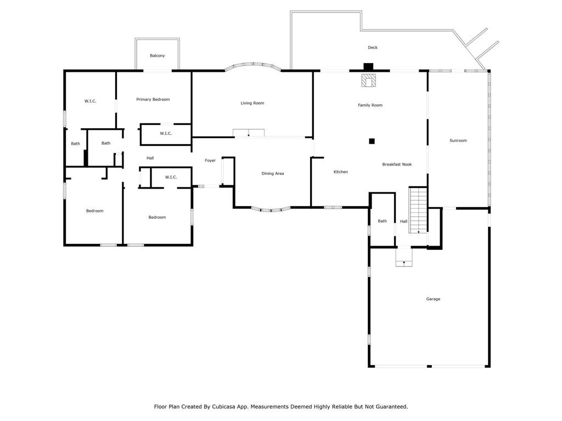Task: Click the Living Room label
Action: (252, 103)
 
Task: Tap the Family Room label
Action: (370, 105)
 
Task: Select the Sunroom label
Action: (458, 141)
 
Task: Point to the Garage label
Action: (433, 299)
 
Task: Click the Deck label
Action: (373, 48)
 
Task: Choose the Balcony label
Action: (157, 56)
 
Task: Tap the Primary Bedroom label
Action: (153, 100)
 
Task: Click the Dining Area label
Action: (272, 174)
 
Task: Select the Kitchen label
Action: (340, 172)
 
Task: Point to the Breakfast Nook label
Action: (397, 164)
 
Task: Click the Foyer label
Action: (210, 161)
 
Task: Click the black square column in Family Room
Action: (372, 141)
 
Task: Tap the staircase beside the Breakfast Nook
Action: (418, 209)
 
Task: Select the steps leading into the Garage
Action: (404, 258)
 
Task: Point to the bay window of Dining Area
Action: (272, 209)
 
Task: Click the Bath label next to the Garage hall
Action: (382, 221)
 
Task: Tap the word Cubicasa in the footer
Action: (236, 407)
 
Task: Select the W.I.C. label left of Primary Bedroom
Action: (91, 101)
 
